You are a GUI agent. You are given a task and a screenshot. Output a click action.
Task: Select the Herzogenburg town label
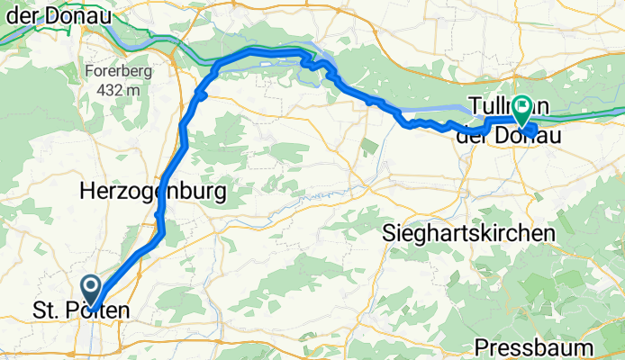coord(152,192)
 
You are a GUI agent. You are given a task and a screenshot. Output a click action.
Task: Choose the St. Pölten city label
coord(81,311)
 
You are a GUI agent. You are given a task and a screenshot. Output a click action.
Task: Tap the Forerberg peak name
coord(112,72)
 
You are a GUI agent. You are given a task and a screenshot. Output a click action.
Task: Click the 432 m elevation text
coord(113,90)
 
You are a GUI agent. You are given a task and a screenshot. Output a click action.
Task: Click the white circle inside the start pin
coord(92,285)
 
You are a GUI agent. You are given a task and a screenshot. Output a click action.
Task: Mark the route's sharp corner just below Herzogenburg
coord(163,236)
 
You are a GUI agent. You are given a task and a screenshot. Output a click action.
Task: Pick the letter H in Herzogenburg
coord(86,192)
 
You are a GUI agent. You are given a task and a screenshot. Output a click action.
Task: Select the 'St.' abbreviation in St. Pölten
coord(45,311)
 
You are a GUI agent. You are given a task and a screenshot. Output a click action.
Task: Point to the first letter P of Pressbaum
coord(481,347)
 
